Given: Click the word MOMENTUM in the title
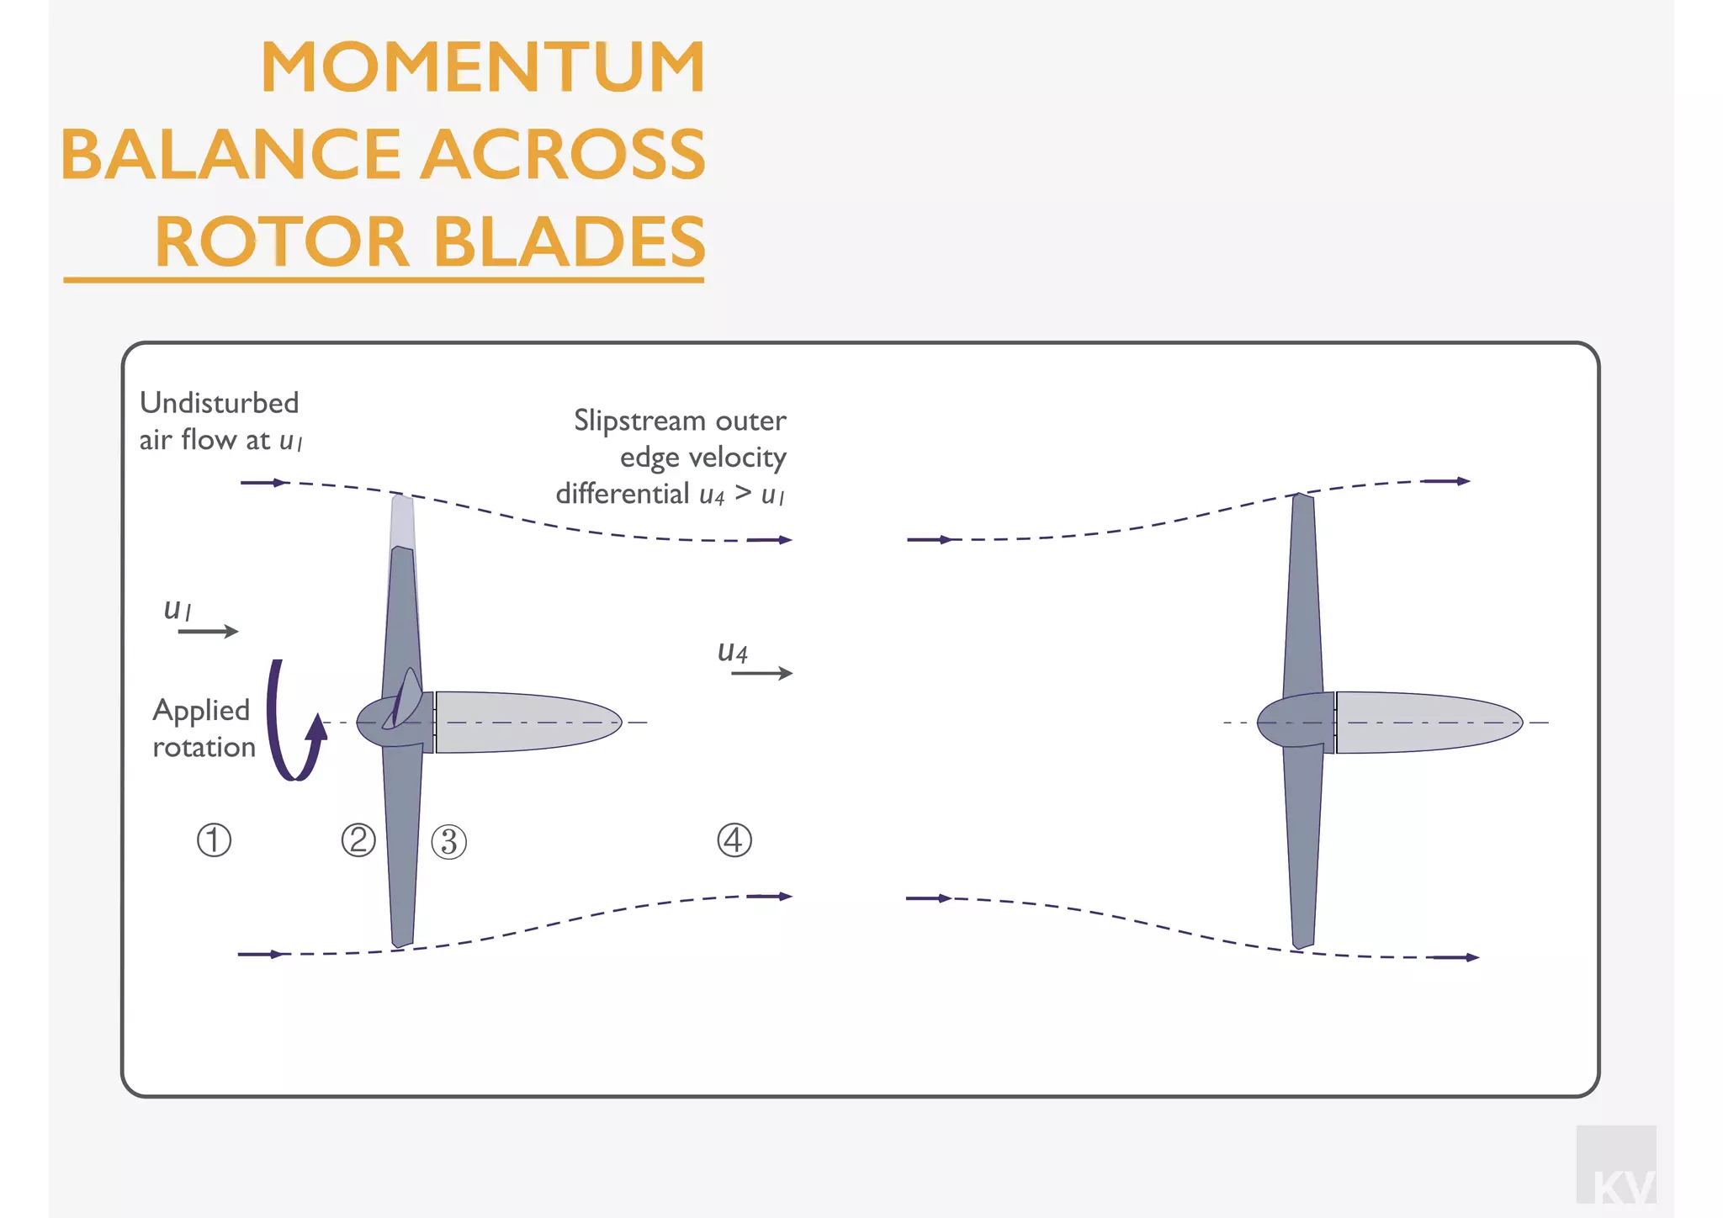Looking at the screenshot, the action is pyautogui.click(x=483, y=67).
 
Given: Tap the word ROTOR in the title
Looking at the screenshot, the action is pyautogui.click(x=282, y=242).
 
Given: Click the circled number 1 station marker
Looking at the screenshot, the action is pyautogui.click(x=214, y=840).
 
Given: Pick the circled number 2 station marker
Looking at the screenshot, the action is pyautogui.click(x=358, y=840).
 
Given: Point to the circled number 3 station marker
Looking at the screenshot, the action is pyautogui.click(x=449, y=842).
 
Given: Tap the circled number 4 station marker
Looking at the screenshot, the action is pyautogui.click(x=734, y=840).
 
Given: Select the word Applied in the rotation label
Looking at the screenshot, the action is pyautogui.click(x=201, y=711).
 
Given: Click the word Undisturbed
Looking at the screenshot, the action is pyautogui.click(x=220, y=403).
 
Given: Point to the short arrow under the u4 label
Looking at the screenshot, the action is pyautogui.click(x=761, y=673).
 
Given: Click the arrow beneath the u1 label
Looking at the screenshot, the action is pyautogui.click(x=208, y=631).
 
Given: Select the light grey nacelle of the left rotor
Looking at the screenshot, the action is pyautogui.click(x=526, y=722).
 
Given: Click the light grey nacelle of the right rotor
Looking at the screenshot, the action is pyautogui.click(x=1426, y=722).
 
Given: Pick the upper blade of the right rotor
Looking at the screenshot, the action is pyautogui.click(x=1302, y=589).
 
